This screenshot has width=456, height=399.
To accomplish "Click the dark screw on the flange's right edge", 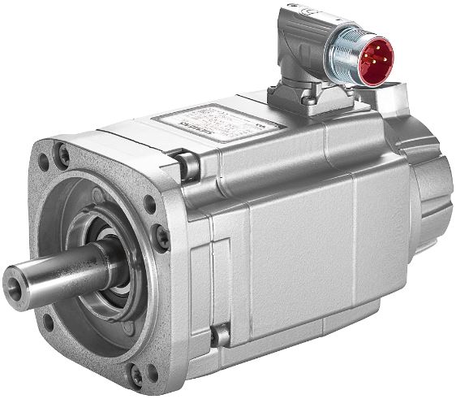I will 163,236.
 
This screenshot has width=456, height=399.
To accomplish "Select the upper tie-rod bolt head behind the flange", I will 188,167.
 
